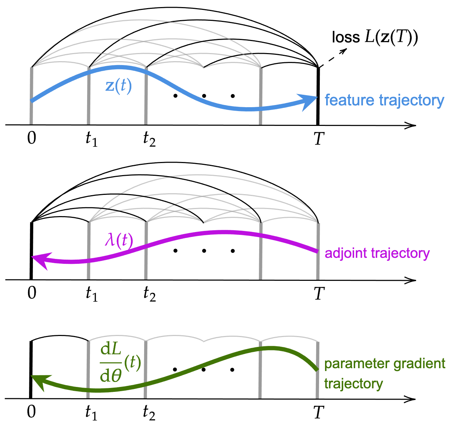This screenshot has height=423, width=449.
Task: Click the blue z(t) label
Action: (x=119, y=86)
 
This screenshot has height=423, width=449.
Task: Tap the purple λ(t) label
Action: (x=119, y=241)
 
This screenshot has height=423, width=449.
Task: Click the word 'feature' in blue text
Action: (x=349, y=100)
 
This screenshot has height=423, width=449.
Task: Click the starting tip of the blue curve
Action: (x=32, y=101)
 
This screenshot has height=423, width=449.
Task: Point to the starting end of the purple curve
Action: (x=317, y=251)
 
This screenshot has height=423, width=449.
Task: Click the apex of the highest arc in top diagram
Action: (x=146, y=20)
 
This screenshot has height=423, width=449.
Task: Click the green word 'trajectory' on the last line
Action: (x=353, y=384)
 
